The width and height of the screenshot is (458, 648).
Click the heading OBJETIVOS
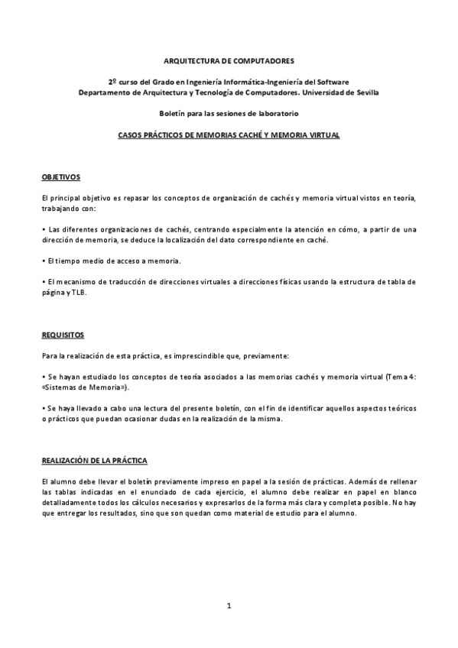[x=60, y=177]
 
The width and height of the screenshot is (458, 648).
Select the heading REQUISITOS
[x=63, y=335]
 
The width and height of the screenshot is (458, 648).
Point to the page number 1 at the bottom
[x=229, y=606]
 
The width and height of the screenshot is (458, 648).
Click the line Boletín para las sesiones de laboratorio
[x=229, y=113]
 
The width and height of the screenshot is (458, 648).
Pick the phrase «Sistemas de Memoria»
[x=84, y=388]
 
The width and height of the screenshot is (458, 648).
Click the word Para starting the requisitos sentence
[x=50, y=356]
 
